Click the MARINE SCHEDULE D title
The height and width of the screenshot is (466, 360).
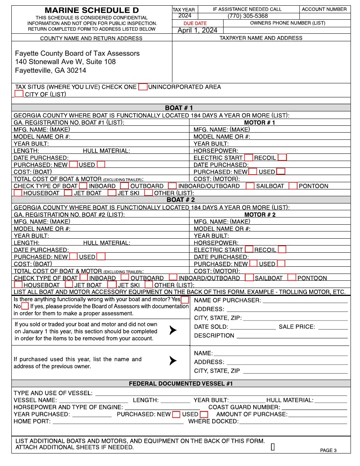(92, 10)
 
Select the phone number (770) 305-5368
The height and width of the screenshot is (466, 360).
(247, 16)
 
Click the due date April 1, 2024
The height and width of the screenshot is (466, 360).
(197, 30)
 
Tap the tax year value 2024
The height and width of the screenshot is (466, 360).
(185, 16)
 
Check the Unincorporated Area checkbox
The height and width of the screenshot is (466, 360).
(142, 87)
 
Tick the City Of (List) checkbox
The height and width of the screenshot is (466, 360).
(19, 94)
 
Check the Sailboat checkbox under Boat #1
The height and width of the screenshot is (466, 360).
(250, 186)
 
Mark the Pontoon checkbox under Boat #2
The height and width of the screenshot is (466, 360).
(291, 277)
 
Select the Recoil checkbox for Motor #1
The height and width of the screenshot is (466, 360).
(282, 157)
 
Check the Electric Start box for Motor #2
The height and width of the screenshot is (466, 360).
(249, 249)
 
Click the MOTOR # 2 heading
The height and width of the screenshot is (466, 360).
(260, 214)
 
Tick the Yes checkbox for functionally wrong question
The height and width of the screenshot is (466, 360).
(185, 299)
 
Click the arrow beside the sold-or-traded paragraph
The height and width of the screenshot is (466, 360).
(173, 330)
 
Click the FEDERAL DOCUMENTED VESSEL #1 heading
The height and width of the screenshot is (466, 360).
(180, 383)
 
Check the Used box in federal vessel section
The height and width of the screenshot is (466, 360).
(204, 414)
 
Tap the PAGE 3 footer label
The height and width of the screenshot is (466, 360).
(328, 450)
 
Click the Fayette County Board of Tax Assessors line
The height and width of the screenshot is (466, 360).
(77, 53)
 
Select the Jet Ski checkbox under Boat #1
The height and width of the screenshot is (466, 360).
(112, 193)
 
